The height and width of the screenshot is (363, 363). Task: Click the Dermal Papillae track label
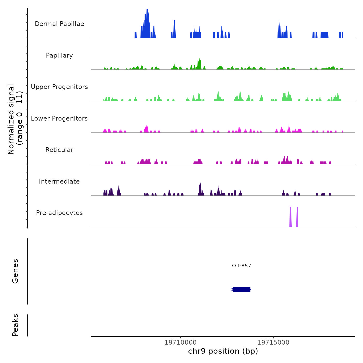(x=59, y=24)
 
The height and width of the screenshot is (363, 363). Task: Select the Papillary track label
(x=59, y=55)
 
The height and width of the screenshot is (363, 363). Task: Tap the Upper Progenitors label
(x=59, y=87)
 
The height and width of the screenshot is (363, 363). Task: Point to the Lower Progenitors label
(x=59, y=118)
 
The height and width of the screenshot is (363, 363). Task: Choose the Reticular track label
(x=59, y=150)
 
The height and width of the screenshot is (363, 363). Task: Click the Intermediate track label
(x=59, y=181)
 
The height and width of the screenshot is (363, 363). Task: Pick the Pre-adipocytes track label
(x=59, y=213)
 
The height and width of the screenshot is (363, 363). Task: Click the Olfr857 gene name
(x=241, y=266)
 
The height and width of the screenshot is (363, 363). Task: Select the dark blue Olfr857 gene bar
(x=242, y=289)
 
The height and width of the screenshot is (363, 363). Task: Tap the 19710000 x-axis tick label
(x=180, y=343)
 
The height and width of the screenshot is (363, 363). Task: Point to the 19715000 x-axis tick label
(x=273, y=343)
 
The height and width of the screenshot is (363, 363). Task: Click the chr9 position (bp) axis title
(x=223, y=351)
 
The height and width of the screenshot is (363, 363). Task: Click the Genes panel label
(x=15, y=271)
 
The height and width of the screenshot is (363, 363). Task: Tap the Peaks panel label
(x=15, y=325)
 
